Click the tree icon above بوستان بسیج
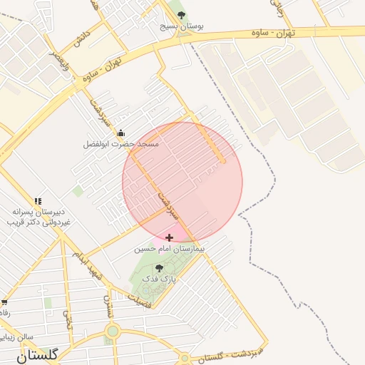click(x=180, y=14)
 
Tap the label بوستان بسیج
click(x=181, y=26)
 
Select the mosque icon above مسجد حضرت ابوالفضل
click(x=120, y=133)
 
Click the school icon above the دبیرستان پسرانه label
click(x=37, y=202)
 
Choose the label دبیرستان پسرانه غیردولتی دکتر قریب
click(x=39, y=217)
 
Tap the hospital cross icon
click(x=169, y=237)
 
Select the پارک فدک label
click(x=159, y=279)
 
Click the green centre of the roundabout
click(x=112, y=331)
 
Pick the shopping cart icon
click(x=4, y=304)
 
